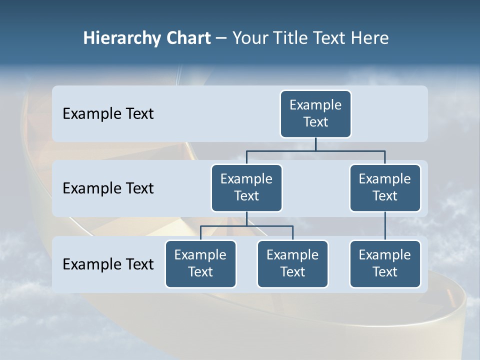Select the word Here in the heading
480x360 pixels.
[370, 38]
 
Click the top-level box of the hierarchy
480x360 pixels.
[315, 114]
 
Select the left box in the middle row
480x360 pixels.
[246, 188]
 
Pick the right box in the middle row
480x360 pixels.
[385, 188]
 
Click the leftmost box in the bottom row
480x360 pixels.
[200, 264]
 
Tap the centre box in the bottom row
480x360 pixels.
[292, 264]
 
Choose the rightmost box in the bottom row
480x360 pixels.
[385, 264]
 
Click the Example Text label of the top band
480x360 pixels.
[108, 114]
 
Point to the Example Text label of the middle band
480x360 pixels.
[108, 188]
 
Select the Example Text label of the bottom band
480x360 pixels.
[108, 264]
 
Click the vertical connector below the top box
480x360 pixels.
[315, 144]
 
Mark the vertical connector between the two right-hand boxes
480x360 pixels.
[385, 226]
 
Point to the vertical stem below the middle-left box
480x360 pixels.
[246, 218]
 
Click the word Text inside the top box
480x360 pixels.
[315, 122]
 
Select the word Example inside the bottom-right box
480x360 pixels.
[385, 255]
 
